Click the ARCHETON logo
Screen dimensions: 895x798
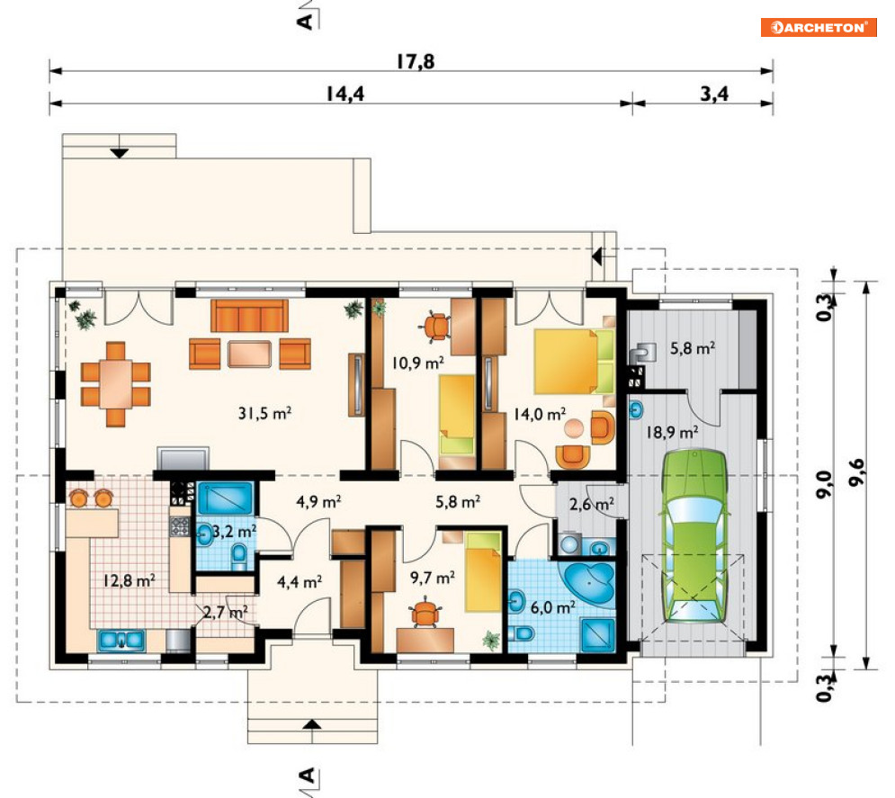(818, 27)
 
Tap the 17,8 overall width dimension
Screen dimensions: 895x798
(416, 61)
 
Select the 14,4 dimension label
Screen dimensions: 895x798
(345, 93)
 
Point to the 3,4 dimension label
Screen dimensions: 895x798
(714, 93)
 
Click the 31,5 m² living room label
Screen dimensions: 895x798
(264, 412)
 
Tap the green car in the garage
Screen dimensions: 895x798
(694, 536)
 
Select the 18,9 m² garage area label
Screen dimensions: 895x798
(673, 432)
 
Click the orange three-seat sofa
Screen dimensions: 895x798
(249, 316)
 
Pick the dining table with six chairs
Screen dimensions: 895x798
(116, 384)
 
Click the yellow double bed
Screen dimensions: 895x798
(574, 362)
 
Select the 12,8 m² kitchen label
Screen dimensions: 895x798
(129, 580)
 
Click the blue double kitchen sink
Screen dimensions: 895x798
(121, 641)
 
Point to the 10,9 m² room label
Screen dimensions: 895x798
(418, 363)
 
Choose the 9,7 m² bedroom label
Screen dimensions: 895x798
(433, 578)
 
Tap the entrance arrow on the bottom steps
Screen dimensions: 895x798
(311, 724)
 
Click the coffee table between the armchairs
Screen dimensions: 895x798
(249, 354)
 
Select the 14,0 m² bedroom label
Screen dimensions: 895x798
(540, 414)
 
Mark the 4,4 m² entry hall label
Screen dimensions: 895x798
(300, 582)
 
